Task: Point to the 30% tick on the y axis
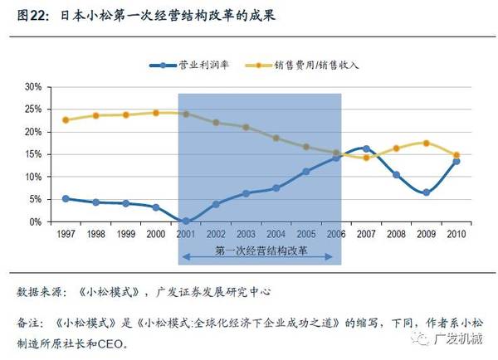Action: pos(32,87)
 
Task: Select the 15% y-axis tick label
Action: pos(32,154)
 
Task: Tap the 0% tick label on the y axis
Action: pos(35,222)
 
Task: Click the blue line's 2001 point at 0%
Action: pos(186,221)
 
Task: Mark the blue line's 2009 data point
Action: pos(426,192)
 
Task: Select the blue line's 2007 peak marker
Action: pos(366,148)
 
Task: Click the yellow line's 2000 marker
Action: pos(156,113)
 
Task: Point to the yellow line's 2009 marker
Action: pos(426,143)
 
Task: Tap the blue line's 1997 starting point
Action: pos(66,199)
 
